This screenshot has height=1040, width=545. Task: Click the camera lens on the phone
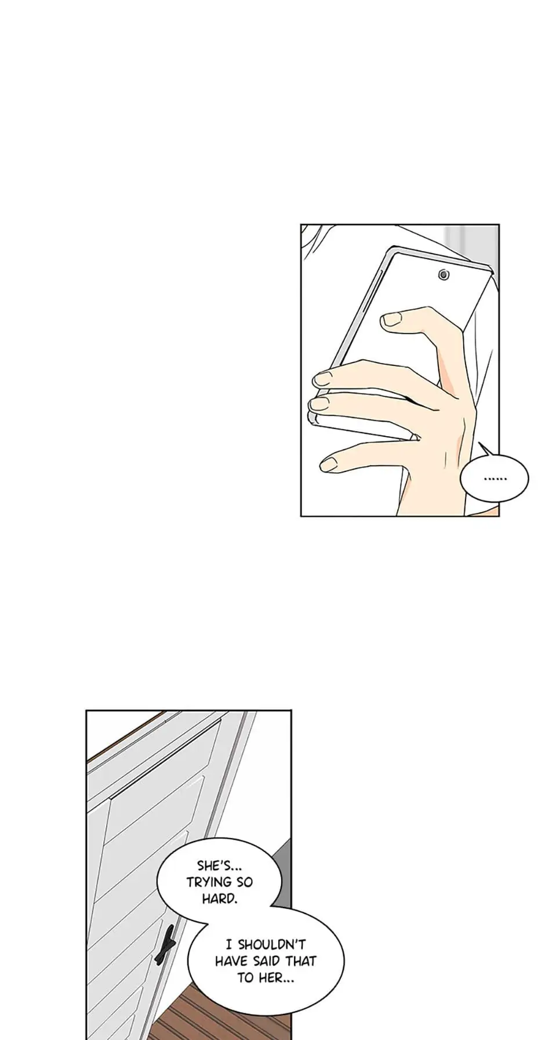[x=444, y=274]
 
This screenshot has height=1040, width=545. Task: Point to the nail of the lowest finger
[x=330, y=463]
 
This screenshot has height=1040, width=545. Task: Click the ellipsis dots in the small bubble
[x=494, y=479]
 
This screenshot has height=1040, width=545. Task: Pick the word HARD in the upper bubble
[x=219, y=899]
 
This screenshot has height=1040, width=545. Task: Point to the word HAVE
[x=231, y=962]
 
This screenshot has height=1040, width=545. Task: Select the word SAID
[x=266, y=962]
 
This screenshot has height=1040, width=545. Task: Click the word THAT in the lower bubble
[x=300, y=962]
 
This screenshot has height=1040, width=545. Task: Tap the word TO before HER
[x=245, y=978]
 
